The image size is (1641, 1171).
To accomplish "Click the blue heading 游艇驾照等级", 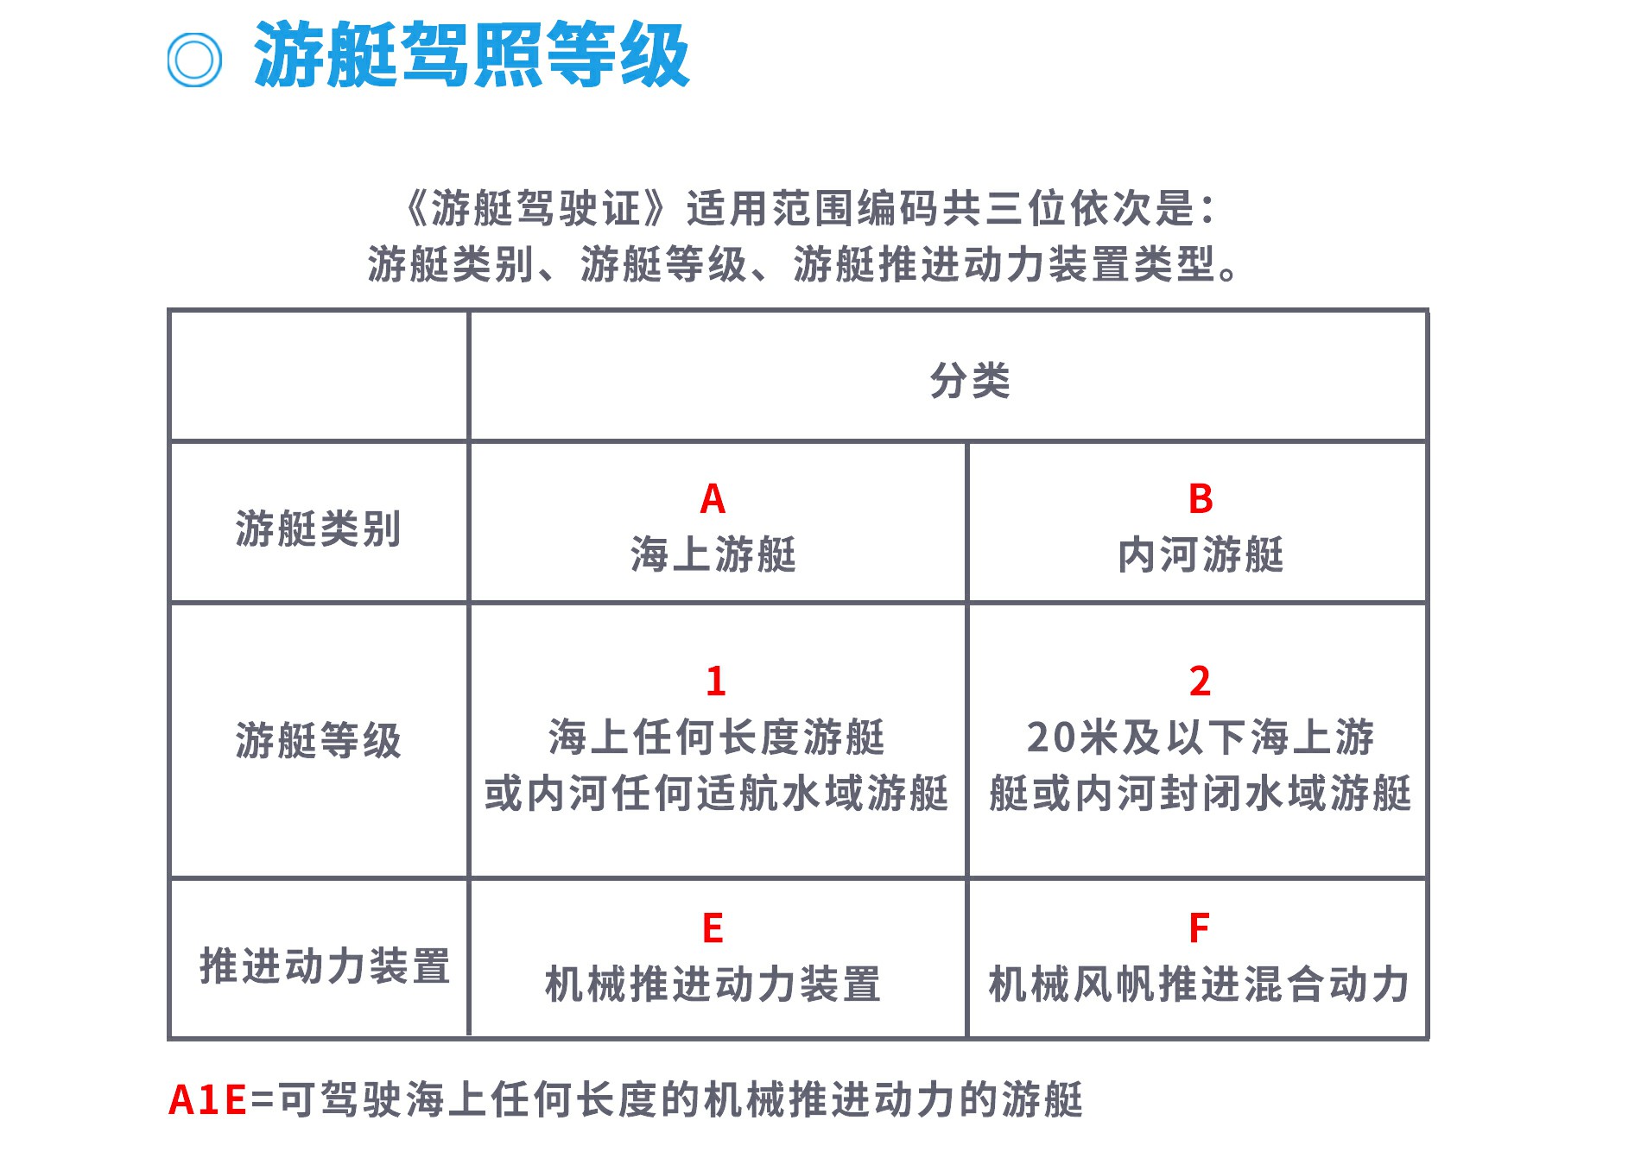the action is click(x=472, y=55).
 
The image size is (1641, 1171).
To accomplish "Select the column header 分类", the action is click(x=970, y=381).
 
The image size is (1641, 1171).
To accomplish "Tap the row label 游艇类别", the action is click(x=319, y=529).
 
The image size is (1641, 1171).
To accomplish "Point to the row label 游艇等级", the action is click(x=319, y=740).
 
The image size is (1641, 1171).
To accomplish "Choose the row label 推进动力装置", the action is click(x=326, y=965).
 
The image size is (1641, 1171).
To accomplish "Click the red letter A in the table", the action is click(x=713, y=499).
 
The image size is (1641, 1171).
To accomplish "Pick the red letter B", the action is click(x=1201, y=499).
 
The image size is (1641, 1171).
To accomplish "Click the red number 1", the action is click(x=715, y=681).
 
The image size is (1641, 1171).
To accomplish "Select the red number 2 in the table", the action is click(x=1200, y=681).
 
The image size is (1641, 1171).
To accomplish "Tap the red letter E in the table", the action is click(x=713, y=928).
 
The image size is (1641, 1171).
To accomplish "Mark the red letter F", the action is click(x=1199, y=928).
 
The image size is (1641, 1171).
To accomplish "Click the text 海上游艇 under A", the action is click(x=713, y=554).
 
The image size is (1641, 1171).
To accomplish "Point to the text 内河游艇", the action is click(x=1201, y=554).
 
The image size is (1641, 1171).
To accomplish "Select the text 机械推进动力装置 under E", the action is click(x=713, y=984).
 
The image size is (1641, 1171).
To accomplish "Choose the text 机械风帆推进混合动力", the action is click(x=1199, y=984).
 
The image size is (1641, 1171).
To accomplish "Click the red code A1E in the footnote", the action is click(x=208, y=1100).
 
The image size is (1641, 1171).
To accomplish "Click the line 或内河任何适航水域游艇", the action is click(x=716, y=793).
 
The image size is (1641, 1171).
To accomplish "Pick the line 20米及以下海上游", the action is click(x=1201, y=737).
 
